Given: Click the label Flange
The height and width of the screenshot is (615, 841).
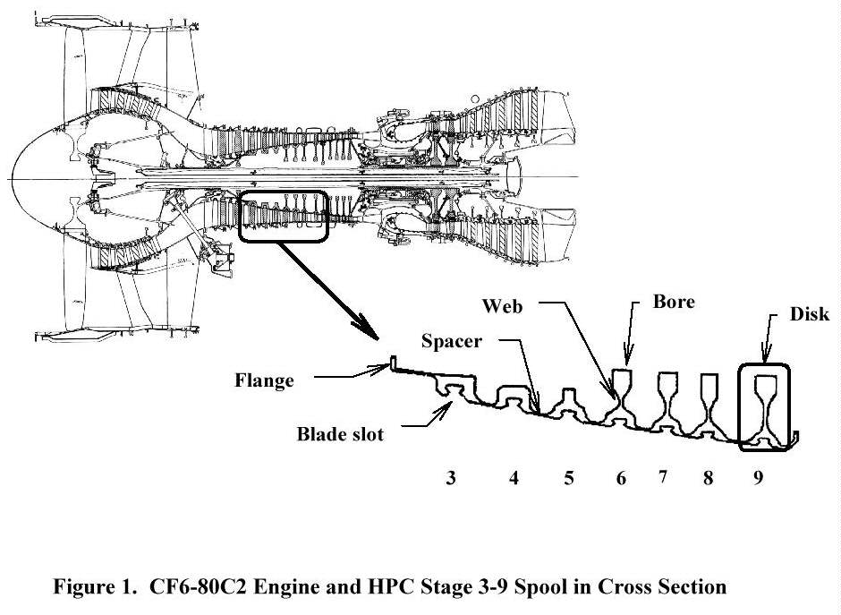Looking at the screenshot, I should (264, 380).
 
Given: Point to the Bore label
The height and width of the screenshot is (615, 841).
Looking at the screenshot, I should (674, 303).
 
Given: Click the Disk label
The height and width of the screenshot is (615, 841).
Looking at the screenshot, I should (810, 314).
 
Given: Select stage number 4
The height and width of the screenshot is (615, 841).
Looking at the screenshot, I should (514, 479).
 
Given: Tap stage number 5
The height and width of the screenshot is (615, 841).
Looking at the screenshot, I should (568, 479).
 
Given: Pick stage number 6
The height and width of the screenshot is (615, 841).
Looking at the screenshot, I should (621, 479).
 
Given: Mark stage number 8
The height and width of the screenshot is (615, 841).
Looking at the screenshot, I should (709, 479).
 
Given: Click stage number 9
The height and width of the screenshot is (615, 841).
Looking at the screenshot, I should (757, 479).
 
